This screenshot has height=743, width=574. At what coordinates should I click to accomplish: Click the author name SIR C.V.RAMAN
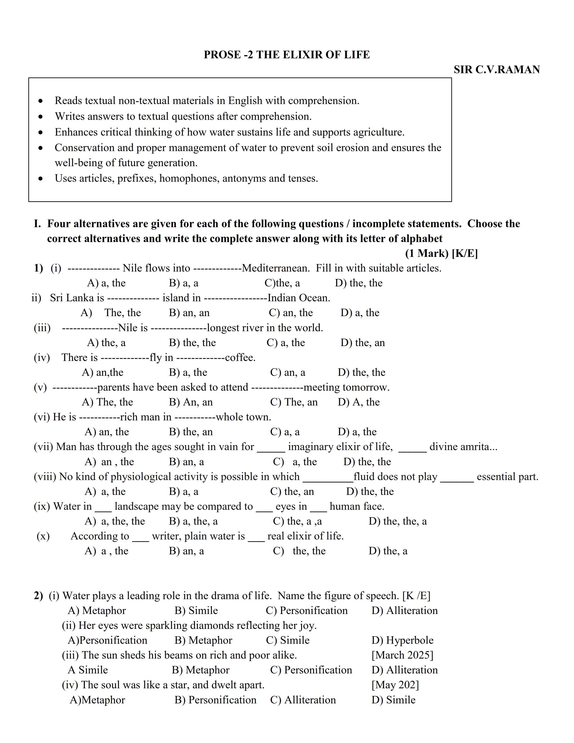point(497,70)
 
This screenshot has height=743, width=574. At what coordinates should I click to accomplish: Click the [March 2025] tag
point(402,655)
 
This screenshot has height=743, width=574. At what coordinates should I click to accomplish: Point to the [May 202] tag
point(395,685)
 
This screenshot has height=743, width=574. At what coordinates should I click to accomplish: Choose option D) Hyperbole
point(402,640)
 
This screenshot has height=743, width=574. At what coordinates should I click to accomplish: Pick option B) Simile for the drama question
point(196,611)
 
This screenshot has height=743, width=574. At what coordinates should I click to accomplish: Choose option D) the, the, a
point(398,521)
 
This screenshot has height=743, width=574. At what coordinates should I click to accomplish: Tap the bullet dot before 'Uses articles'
point(41,179)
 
